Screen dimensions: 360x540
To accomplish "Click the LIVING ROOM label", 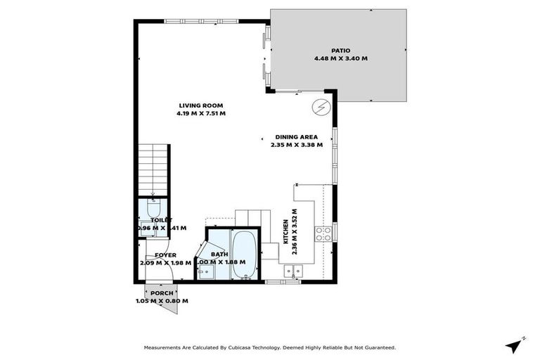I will click(x=201, y=105).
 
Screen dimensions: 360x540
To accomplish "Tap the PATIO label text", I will click(x=340, y=51).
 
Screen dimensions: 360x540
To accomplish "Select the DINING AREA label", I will click(x=296, y=137).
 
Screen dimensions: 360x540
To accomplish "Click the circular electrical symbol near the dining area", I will click(x=321, y=107).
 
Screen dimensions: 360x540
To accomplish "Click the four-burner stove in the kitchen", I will click(x=323, y=234).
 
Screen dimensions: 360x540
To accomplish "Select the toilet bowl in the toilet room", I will click(x=154, y=208).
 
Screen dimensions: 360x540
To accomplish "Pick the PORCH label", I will click(x=161, y=293).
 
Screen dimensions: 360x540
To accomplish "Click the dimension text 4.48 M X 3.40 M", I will click(x=340, y=58).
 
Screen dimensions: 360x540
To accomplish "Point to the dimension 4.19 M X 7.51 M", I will click(x=201, y=113).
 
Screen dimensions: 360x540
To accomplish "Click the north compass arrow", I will click(x=515, y=345).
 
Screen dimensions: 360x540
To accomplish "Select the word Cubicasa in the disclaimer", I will click(x=233, y=347).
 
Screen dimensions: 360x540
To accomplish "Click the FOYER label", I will click(x=165, y=255).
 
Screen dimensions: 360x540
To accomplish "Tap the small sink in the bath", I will click(x=207, y=273).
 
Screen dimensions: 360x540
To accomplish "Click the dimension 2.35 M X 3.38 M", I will click(x=296, y=145).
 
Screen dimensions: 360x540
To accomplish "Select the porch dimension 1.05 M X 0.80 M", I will click(x=162, y=301).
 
